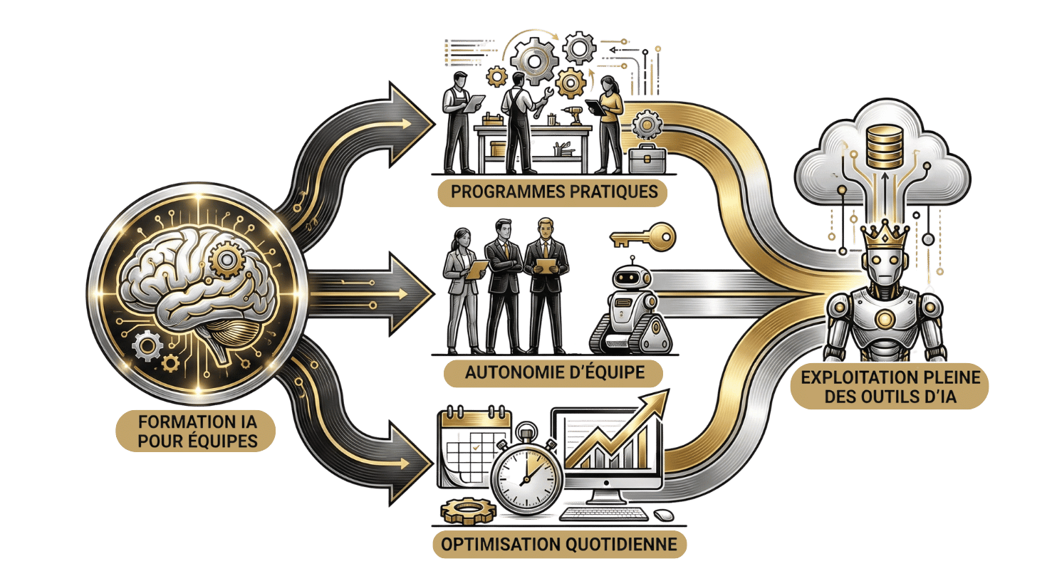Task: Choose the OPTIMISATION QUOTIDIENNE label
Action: [559, 545]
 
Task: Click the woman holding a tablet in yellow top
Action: [609, 121]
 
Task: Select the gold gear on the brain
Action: [227, 258]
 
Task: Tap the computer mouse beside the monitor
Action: [665, 513]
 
